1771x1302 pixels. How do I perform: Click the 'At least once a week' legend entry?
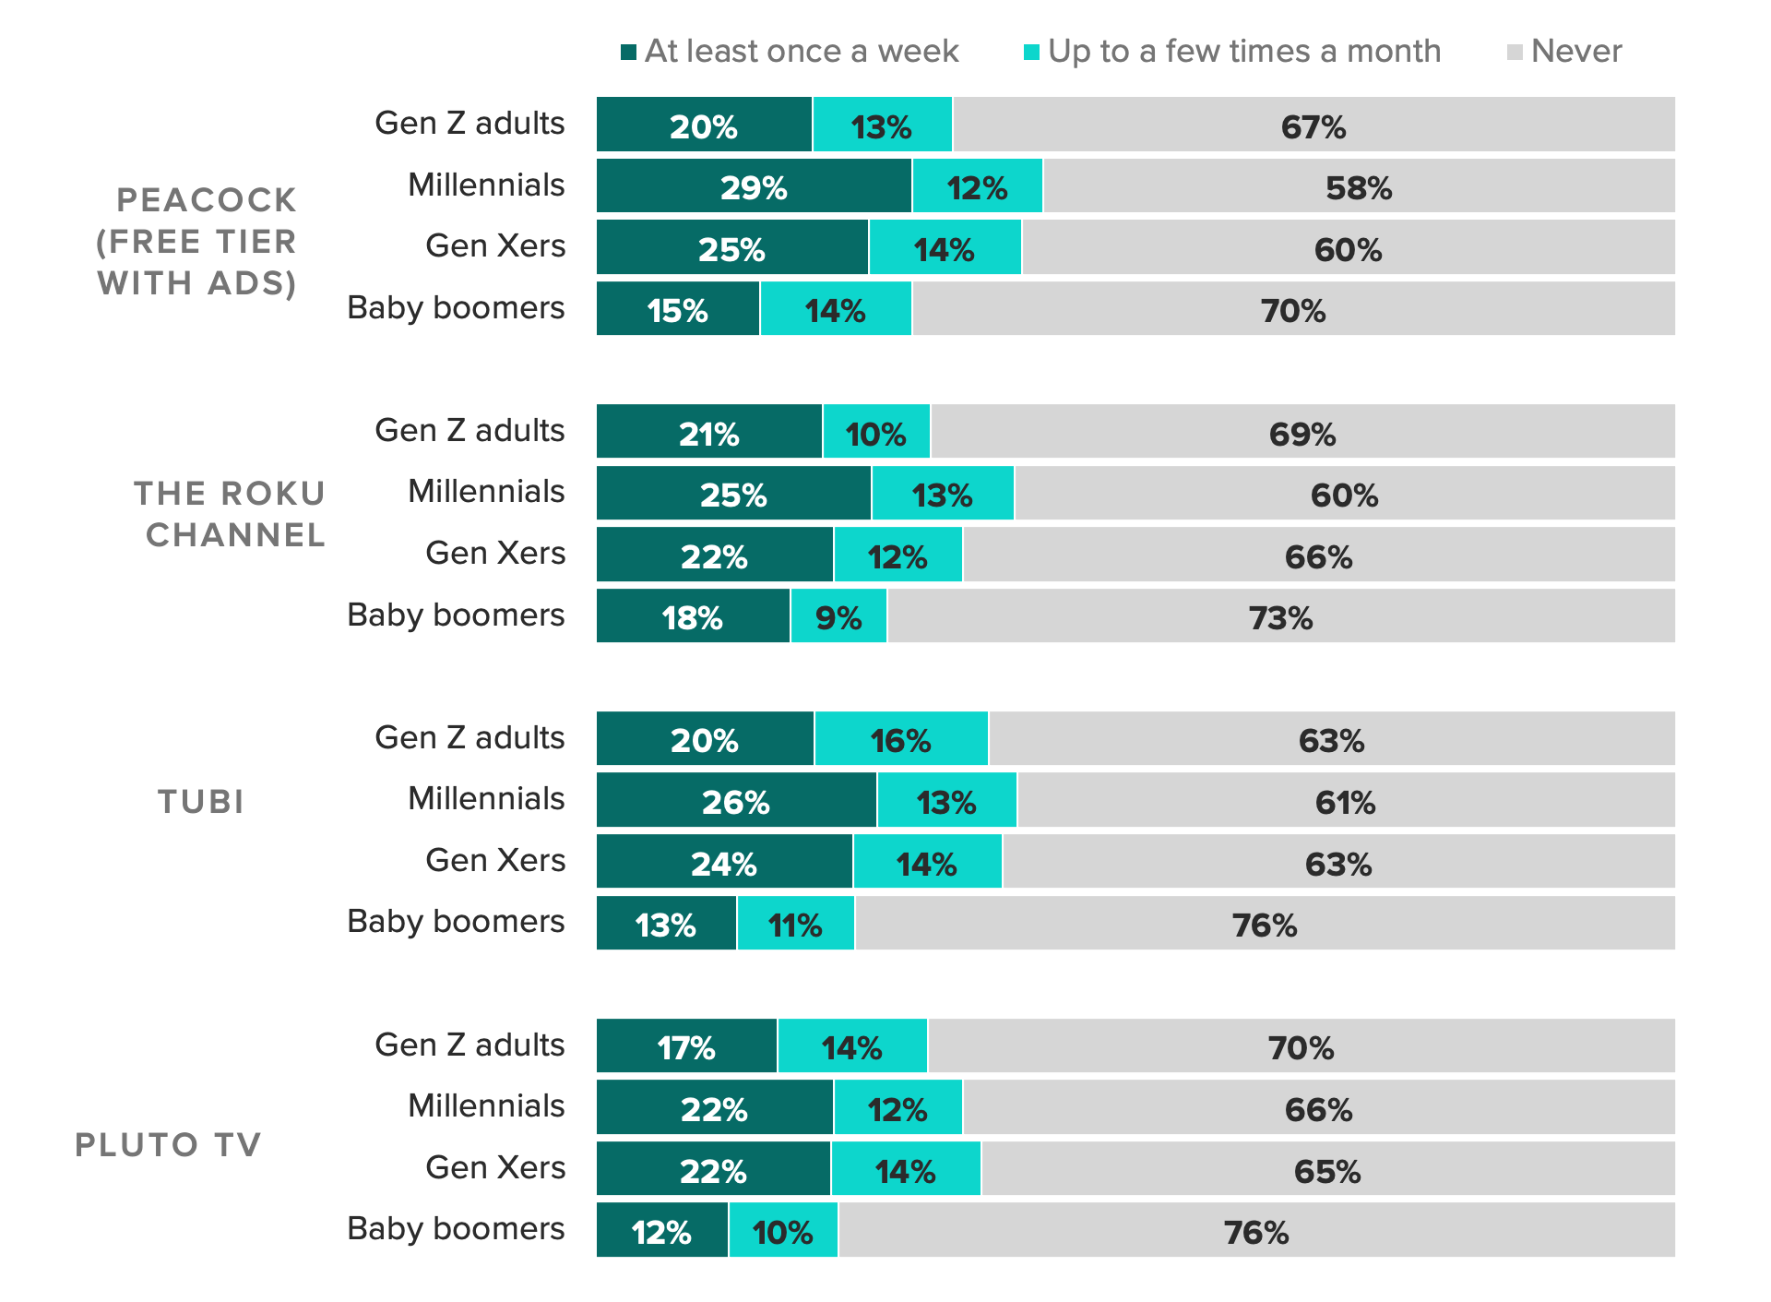pyautogui.click(x=790, y=51)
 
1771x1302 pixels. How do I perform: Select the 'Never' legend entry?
pyautogui.click(x=1564, y=51)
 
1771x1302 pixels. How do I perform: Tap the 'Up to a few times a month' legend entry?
pyautogui.click(x=1232, y=51)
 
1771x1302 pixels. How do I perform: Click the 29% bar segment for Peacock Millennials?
pyautogui.click(x=754, y=186)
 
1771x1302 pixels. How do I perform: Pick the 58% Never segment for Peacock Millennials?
pyautogui.click(x=1359, y=186)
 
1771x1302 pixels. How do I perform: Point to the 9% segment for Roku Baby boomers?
pyautogui.click(x=838, y=616)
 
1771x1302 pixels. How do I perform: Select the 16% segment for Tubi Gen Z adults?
pyautogui.click(x=901, y=739)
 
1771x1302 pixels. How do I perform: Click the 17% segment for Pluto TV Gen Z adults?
pyautogui.click(x=686, y=1046)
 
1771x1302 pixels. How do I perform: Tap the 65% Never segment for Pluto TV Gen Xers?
pyautogui.click(x=1327, y=1170)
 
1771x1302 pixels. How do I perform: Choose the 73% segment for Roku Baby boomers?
pyautogui.click(x=1280, y=616)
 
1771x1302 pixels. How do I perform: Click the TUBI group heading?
pyautogui.click(x=201, y=801)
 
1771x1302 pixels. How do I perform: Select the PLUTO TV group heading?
pyautogui.click(x=168, y=1144)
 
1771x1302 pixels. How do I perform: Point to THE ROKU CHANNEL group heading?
pyautogui.click(x=231, y=514)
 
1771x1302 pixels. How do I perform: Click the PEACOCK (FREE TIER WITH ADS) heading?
pyautogui.click(x=197, y=241)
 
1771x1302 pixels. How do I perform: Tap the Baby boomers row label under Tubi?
pyautogui.click(x=456, y=921)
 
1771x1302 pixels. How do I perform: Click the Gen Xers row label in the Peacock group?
pyautogui.click(x=495, y=245)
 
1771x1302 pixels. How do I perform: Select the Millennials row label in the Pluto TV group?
pyautogui.click(x=486, y=1105)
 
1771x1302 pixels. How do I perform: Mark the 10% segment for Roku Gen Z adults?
pyautogui.click(x=876, y=432)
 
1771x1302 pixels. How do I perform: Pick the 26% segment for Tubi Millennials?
pyautogui.click(x=736, y=801)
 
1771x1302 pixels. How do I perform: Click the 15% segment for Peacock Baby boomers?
pyautogui.click(x=678, y=309)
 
